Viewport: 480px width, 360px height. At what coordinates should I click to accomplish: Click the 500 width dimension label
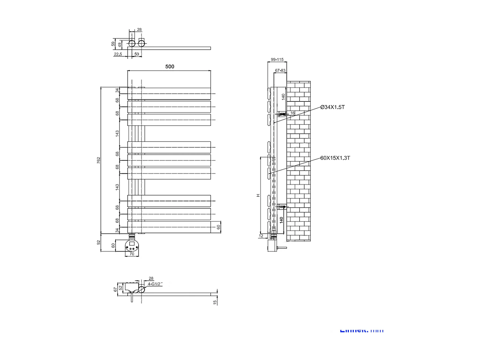coord(170,67)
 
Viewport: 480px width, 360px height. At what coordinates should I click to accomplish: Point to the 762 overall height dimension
coord(99,160)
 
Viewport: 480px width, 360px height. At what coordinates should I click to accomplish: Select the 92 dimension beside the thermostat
coord(99,242)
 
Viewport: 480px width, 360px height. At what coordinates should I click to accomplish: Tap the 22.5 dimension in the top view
coord(118,54)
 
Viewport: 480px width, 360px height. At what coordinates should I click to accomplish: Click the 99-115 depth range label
coord(277,60)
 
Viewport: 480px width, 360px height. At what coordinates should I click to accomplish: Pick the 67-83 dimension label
coord(280,70)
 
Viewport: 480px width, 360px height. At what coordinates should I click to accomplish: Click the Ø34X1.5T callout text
coord(332,107)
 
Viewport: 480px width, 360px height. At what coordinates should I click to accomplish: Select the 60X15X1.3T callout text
coord(335,158)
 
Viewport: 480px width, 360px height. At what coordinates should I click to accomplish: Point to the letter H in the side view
coord(258,195)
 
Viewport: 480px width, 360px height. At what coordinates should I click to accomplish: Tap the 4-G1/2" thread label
coord(155,284)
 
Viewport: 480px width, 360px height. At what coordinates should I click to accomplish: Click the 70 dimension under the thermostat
coord(132,254)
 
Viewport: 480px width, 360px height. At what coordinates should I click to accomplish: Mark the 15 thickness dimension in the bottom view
coord(215,302)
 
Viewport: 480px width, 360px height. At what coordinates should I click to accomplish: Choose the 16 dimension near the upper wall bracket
coord(292,113)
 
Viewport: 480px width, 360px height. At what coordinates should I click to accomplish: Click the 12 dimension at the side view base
coord(261,236)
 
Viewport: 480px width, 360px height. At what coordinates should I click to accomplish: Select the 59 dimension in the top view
coord(113,43)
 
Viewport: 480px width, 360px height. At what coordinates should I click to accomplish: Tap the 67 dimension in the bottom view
coord(116,289)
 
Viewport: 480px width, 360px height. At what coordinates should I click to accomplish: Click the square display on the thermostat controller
coord(132,244)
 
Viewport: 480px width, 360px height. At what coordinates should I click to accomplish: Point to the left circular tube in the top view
coord(132,43)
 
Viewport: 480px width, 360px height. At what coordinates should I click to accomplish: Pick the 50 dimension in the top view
coord(137,54)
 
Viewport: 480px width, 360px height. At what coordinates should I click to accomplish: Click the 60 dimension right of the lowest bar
coord(219,227)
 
